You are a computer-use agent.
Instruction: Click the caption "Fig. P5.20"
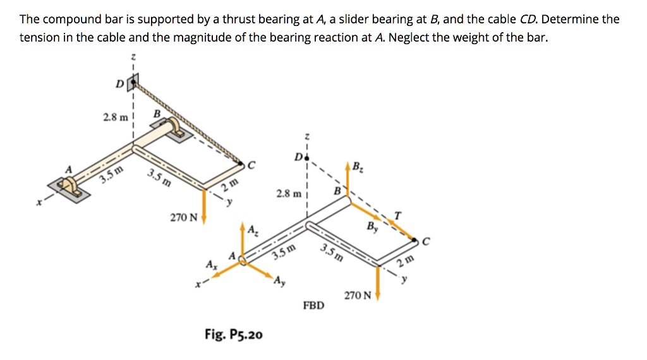point(234,334)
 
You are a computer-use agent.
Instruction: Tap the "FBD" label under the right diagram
point(313,306)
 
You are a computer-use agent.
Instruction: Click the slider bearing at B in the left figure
point(174,130)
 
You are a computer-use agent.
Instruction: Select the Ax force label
point(210,263)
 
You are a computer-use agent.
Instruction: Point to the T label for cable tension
point(397,215)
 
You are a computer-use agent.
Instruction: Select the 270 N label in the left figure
point(184,218)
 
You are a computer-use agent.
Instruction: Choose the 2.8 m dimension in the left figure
point(114,117)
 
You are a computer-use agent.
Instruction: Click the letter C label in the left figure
point(251,165)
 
